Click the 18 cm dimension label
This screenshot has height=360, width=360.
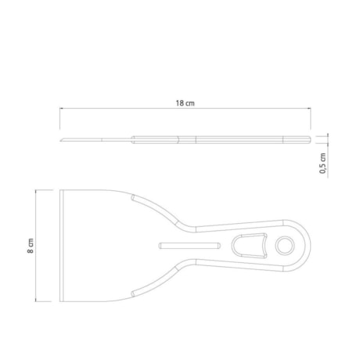pos(185,103)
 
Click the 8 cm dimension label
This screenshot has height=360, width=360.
pos(31,246)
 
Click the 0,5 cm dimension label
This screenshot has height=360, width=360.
pos(323,164)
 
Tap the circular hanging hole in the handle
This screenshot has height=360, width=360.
pos(285,246)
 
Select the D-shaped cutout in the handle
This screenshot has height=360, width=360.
pos(249,246)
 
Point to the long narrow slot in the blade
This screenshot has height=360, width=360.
pos(189,246)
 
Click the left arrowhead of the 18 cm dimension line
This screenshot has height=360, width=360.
pos(61,108)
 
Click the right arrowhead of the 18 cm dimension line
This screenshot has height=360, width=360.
pos(309,108)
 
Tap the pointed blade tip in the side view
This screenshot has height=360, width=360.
pos(60,141)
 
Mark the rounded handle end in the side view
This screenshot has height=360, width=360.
pos(309,139)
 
